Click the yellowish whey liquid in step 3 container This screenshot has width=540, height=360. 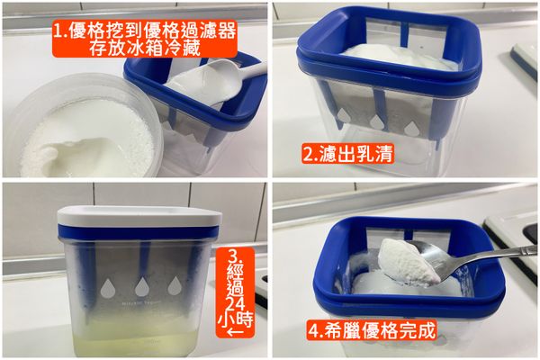coord(135,337)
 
